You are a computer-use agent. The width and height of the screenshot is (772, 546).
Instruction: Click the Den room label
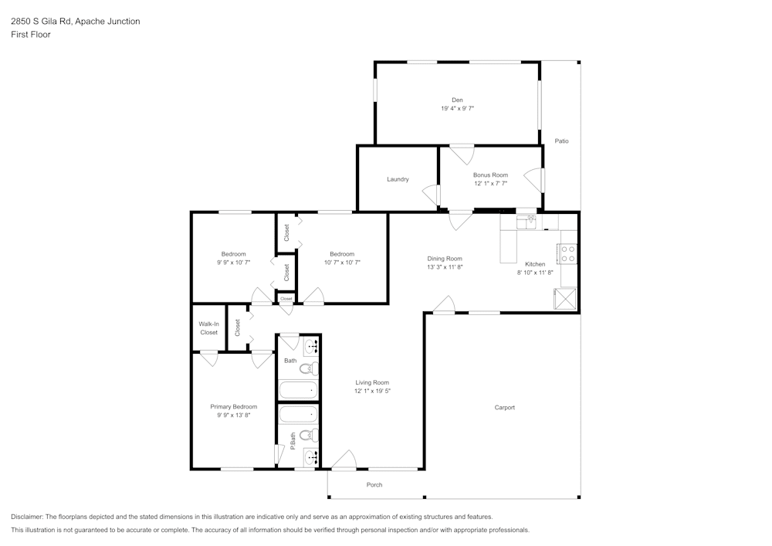click(x=457, y=100)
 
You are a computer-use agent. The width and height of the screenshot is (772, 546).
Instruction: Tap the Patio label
click(x=561, y=141)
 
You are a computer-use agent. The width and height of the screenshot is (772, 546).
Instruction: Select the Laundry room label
click(x=398, y=179)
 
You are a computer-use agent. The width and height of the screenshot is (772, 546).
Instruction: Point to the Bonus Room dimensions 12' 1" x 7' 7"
click(x=490, y=184)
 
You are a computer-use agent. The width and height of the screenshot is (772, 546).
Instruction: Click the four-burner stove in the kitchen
click(x=567, y=253)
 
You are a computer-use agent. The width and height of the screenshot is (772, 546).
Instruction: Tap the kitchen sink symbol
click(x=530, y=222)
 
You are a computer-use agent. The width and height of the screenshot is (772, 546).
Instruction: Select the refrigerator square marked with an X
click(x=566, y=299)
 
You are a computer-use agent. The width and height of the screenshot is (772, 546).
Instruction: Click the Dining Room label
click(x=445, y=259)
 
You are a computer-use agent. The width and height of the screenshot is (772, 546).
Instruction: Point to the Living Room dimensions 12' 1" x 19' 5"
click(x=372, y=392)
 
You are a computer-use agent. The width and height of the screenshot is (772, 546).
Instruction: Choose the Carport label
click(x=505, y=408)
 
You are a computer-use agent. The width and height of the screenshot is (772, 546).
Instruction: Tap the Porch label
click(x=374, y=485)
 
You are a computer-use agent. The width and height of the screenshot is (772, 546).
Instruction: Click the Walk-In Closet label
click(x=208, y=328)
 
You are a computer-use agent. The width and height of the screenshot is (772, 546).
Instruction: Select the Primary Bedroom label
click(x=234, y=406)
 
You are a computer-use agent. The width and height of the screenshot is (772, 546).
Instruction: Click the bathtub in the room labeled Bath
click(x=298, y=390)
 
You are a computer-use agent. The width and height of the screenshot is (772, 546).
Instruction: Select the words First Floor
click(x=31, y=35)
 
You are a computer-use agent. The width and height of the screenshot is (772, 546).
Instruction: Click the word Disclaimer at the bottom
click(x=26, y=517)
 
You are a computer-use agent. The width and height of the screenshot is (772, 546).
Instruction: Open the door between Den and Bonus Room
click(x=462, y=154)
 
